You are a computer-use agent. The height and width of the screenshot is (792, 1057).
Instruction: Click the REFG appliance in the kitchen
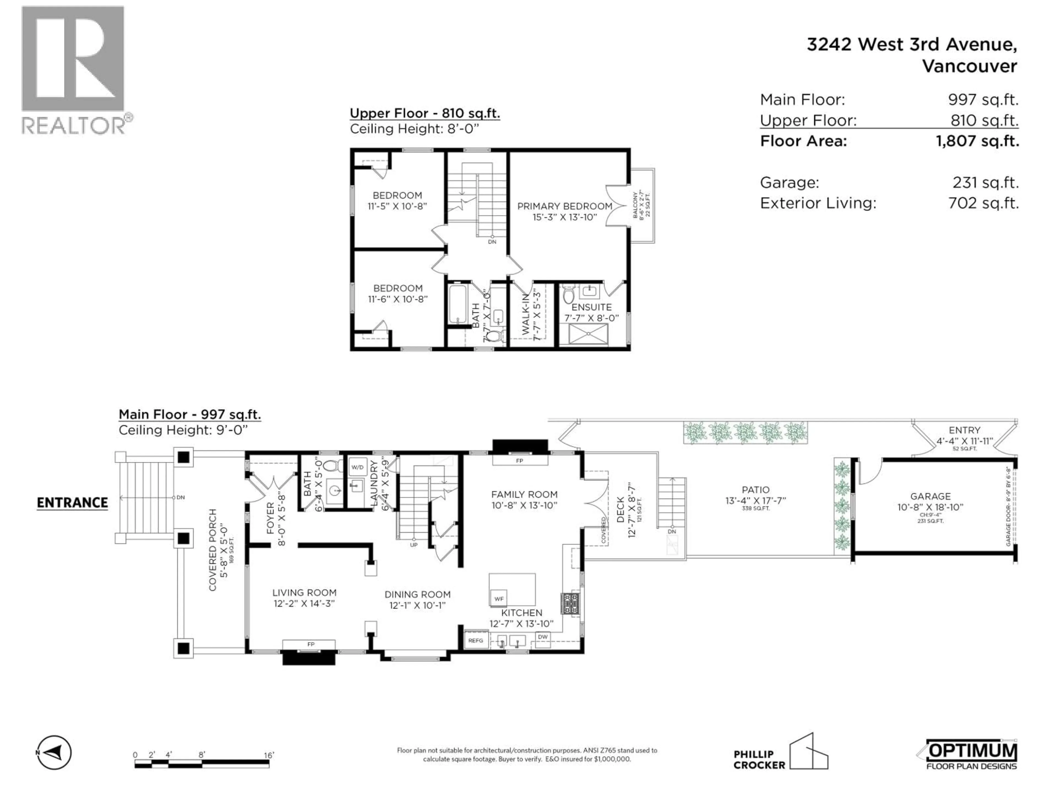[x=475, y=640]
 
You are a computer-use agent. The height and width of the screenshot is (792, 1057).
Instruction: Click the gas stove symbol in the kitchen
[x=571, y=604]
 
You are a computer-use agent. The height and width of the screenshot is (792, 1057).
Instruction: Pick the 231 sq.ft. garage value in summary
[x=985, y=182]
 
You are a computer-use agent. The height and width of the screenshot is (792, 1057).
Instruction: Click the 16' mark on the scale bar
[x=269, y=755]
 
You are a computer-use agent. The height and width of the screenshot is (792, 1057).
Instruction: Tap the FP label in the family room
[x=519, y=461]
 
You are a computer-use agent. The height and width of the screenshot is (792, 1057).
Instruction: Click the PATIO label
[x=756, y=490]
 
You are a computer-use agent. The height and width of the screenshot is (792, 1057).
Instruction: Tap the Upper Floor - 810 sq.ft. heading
[x=425, y=114]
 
